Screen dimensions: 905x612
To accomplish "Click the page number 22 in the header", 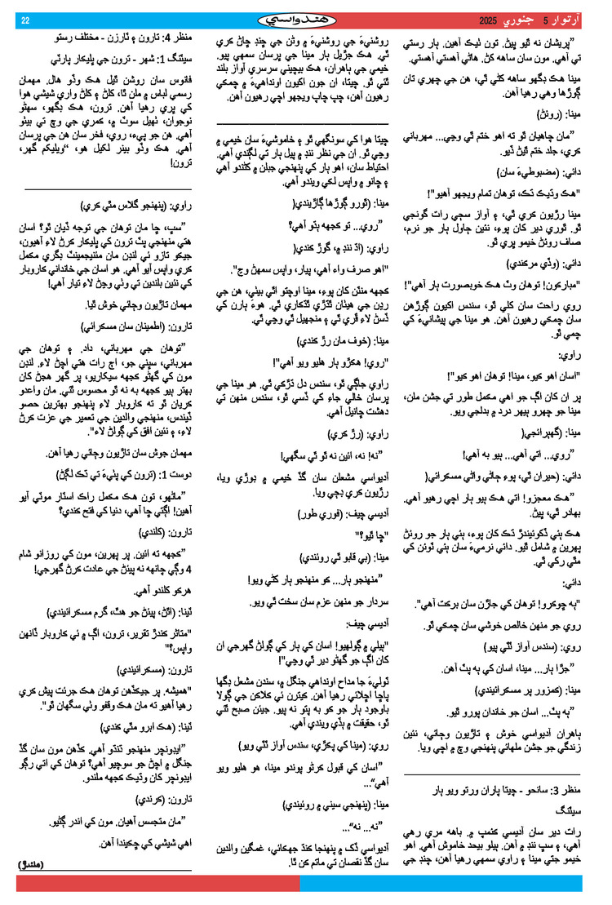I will click(x=25, y=20).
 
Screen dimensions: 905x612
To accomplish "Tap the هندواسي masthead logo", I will click(x=306, y=19).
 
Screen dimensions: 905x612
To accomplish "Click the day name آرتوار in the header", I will click(x=571, y=20).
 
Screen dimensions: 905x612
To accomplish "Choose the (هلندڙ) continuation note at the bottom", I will click(x=33, y=863).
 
